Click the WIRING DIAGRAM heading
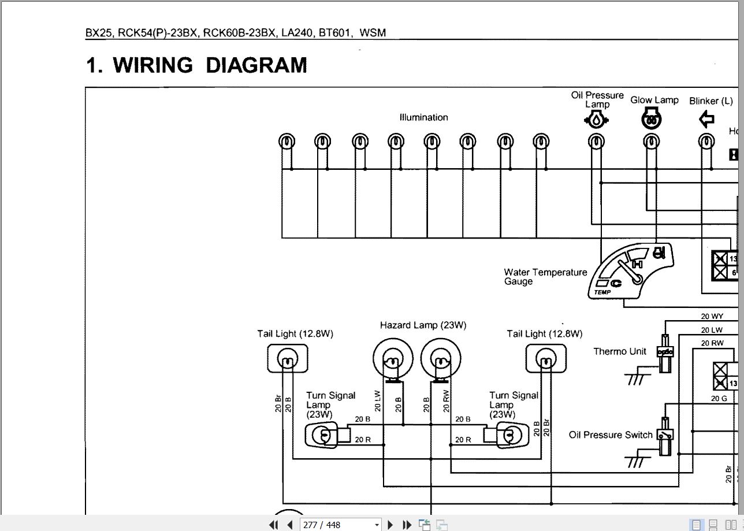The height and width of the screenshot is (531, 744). tap(196, 65)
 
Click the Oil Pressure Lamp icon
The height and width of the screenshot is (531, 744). tap(596, 120)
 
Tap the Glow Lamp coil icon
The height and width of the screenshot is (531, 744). tap(652, 120)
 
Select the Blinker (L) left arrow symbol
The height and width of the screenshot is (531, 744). tap(706, 120)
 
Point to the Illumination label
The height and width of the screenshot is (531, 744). tap(423, 117)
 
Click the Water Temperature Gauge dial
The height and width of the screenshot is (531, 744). tap(631, 269)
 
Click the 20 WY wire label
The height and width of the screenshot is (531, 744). tap(712, 316)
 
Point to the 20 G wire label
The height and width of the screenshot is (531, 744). tap(719, 398)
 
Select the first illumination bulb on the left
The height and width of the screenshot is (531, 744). tap(287, 141)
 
